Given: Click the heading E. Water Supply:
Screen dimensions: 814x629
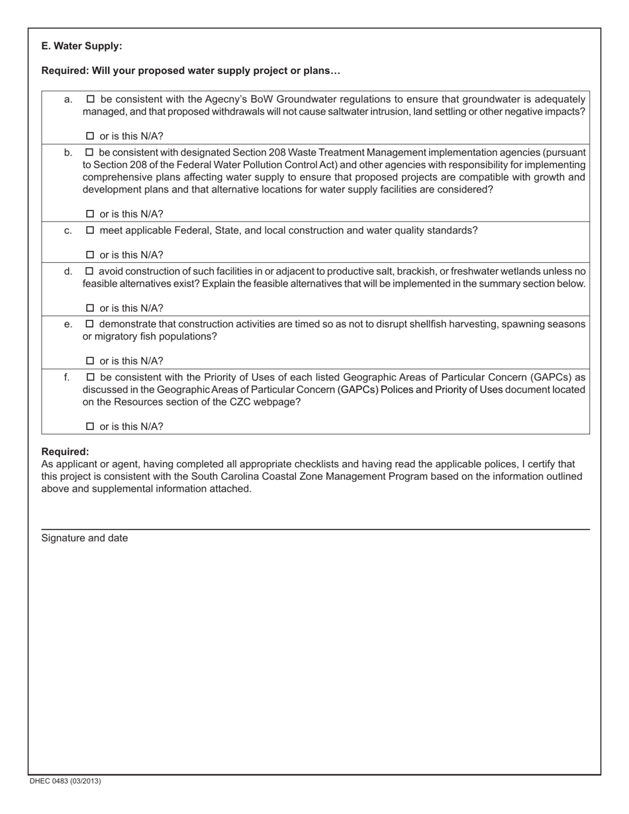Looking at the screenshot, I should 81,46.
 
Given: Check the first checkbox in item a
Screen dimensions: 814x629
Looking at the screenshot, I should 91,99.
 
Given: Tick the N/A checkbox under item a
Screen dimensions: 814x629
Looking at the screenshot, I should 91,136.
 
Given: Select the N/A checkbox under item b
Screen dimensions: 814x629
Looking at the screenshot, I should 91,214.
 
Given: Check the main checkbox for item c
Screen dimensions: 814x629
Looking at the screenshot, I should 91,230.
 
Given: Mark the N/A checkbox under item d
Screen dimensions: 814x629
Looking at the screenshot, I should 91,308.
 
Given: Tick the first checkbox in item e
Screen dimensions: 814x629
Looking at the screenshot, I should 91,324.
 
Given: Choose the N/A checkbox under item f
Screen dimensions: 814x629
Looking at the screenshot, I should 91,427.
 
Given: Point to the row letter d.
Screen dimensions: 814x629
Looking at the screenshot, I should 68,271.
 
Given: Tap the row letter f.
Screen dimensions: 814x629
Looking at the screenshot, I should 67,377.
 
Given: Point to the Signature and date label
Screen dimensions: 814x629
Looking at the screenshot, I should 84,538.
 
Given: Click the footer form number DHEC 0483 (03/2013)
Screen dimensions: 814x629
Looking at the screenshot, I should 65,781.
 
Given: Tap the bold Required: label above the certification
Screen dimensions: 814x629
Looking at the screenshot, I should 65,452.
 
